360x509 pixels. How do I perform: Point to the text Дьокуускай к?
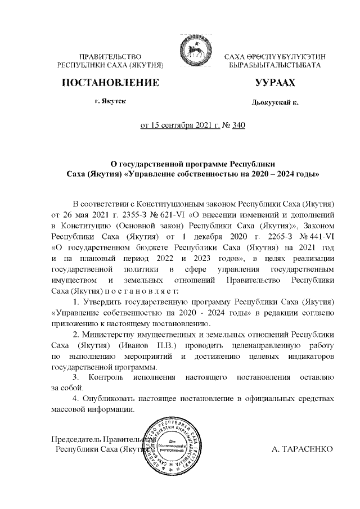pos(275,103)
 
